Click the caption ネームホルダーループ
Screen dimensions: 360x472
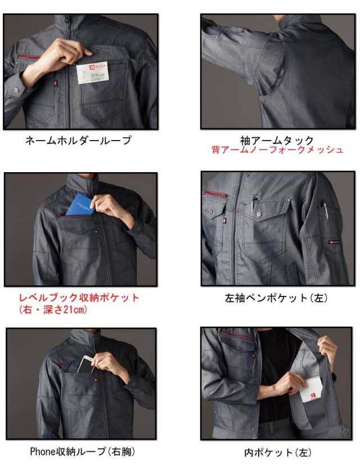(x=78, y=140)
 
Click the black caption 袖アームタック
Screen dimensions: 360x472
(x=277, y=140)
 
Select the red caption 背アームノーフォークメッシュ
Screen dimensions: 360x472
(x=277, y=150)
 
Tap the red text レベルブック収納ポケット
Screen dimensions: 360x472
(x=79, y=298)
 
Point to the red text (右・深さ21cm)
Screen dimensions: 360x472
(x=53, y=310)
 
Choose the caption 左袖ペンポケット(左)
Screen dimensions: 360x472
(x=276, y=298)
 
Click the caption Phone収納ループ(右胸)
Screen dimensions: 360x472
(x=82, y=452)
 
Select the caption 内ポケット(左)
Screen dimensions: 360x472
(x=277, y=452)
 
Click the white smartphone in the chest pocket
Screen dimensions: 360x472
(x=87, y=364)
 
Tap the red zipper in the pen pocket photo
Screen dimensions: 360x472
(x=216, y=194)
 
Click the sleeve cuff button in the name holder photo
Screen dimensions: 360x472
(x=15, y=89)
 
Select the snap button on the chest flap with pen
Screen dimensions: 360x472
(x=259, y=214)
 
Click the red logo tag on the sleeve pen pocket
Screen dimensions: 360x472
(x=332, y=241)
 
